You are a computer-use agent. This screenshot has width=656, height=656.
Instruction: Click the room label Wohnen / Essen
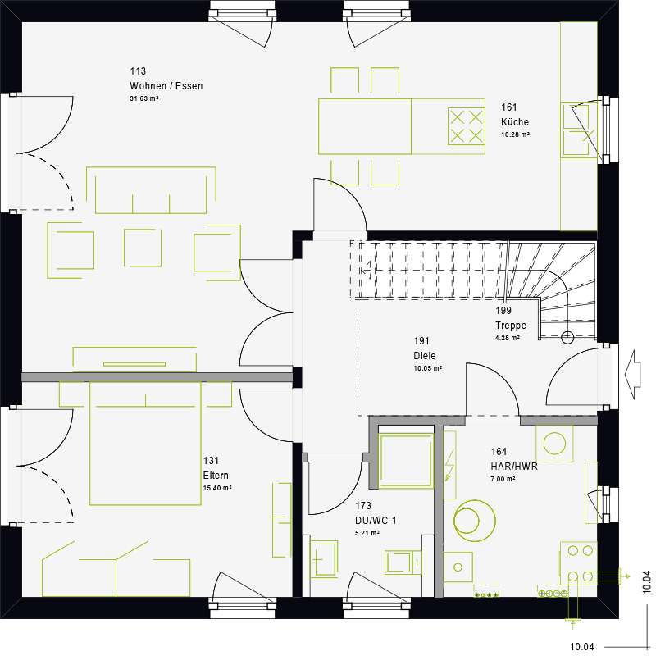pos(166,86)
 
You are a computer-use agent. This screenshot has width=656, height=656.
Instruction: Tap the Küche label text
pos(515,122)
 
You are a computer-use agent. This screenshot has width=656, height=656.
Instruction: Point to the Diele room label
pos(425,356)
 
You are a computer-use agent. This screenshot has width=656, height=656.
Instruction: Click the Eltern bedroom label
pos(216,476)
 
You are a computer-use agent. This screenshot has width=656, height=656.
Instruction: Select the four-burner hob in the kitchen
pos(466,125)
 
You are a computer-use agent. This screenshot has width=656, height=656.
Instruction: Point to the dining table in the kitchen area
pos(365,125)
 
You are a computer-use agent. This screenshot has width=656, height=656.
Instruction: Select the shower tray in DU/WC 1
pos(405,462)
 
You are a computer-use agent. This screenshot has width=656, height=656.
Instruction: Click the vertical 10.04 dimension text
pos(646,581)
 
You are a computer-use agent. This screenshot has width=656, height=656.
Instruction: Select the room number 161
pos(509,107)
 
